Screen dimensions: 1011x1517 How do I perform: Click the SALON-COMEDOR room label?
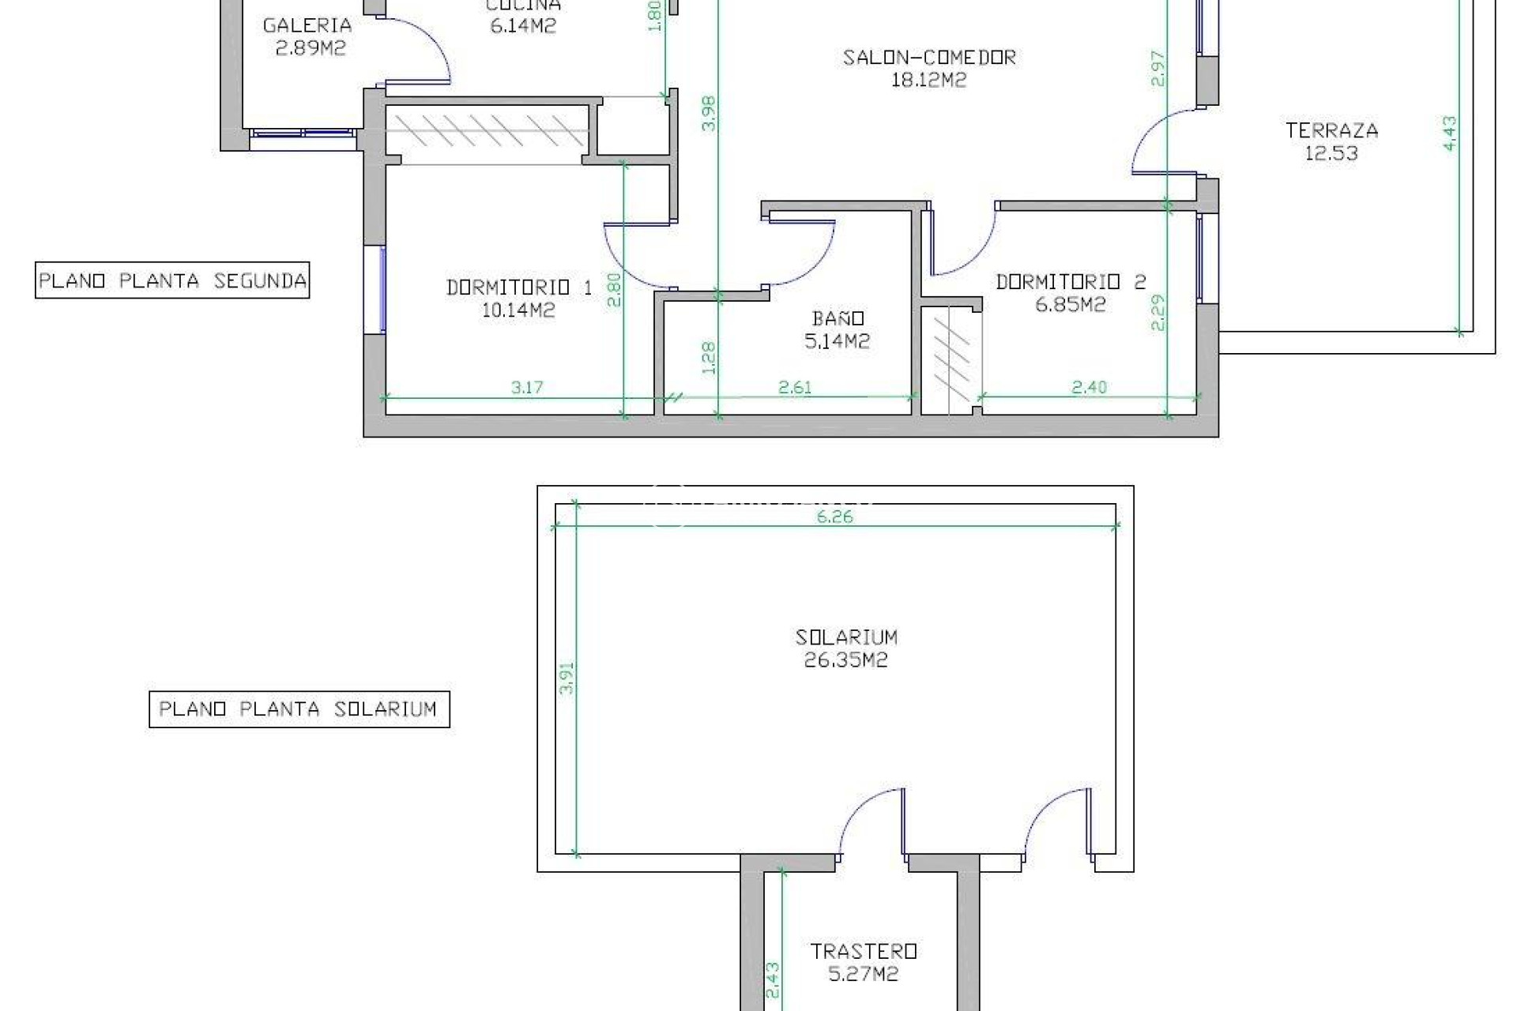928,58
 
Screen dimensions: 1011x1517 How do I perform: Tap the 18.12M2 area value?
928,81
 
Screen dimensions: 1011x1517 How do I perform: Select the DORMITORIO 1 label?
518,288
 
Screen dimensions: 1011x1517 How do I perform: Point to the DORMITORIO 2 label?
1070,282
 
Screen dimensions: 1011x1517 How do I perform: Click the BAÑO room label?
838,318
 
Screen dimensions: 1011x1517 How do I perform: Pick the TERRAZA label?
1331,130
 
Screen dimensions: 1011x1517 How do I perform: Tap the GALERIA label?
307,25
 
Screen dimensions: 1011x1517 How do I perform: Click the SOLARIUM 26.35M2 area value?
845,660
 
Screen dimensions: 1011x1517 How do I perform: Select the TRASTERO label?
863,951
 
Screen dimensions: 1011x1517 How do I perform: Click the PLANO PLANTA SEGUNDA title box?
172,280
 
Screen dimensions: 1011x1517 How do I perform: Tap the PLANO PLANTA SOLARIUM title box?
299,708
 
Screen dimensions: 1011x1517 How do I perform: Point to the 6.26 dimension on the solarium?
835,517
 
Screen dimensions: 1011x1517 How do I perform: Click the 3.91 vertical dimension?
566,678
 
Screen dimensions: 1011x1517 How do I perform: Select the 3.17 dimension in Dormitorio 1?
527,387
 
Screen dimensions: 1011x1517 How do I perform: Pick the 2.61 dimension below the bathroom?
795,387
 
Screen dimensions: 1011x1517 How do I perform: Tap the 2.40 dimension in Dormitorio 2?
1089,387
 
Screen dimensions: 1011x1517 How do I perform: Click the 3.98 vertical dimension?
709,113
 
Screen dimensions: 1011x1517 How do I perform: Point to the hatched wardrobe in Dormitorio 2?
951,360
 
